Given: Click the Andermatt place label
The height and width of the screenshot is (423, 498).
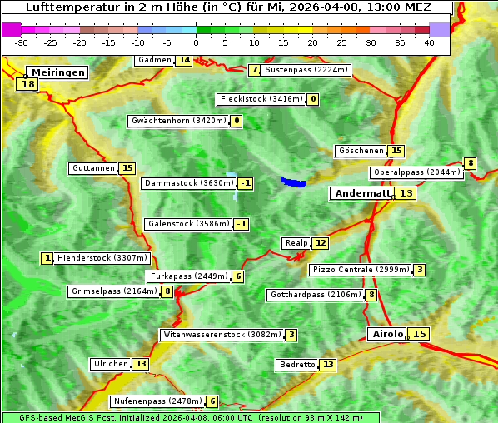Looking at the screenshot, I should tap(362, 193).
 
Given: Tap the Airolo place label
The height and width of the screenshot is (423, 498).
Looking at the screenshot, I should tap(387, 334).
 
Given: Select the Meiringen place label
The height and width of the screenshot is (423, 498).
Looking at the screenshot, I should tap(56, 72).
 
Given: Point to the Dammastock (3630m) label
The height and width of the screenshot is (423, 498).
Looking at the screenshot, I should tap(188, 183).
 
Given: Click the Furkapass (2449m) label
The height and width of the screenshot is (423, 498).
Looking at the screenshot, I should tap(188, 276).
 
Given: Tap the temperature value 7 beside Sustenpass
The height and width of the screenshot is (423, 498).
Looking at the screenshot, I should tap(254, 70).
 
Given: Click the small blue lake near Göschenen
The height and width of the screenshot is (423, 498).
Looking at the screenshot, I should tap(293, 182).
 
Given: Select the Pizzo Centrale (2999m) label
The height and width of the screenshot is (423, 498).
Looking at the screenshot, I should tap(361, 270).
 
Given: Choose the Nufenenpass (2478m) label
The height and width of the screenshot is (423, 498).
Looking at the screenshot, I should tap(157, 401).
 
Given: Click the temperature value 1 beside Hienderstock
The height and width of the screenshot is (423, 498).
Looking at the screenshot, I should tap(47, 258).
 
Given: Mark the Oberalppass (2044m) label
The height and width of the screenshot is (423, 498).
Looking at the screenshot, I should tap(416, 172).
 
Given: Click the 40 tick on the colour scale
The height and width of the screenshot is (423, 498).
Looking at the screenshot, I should tap(429, 42).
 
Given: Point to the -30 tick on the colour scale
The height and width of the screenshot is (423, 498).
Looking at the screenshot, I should tap(22, 42).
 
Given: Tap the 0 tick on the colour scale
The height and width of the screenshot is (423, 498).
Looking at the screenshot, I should tap(197, 42).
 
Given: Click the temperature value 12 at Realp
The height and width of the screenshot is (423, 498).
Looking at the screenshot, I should tap(321, 243).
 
